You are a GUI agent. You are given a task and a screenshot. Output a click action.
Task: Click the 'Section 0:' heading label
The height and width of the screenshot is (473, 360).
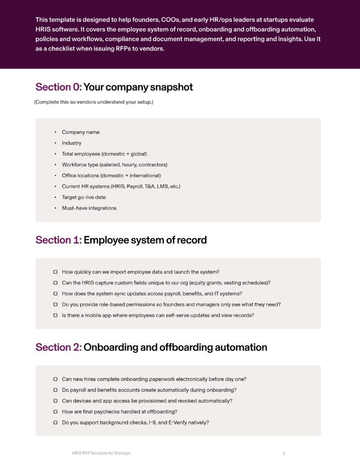59,87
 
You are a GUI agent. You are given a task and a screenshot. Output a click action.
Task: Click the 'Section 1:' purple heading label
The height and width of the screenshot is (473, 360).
59,240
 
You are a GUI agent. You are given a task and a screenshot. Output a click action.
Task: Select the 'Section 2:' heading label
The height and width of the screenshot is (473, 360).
59,347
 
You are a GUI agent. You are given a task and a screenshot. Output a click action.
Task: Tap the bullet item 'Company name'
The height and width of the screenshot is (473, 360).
81,132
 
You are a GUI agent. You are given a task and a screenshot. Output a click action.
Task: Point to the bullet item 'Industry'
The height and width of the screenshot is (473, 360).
72,143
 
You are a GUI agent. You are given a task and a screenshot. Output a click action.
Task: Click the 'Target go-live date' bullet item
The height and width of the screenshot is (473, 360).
84,197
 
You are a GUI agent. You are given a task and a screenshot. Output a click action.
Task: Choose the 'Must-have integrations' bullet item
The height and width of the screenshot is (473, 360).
89,208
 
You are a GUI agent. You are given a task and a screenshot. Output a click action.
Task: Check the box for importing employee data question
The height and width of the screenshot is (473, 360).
55,272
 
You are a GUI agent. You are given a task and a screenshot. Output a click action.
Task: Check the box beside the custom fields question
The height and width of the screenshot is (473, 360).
55,283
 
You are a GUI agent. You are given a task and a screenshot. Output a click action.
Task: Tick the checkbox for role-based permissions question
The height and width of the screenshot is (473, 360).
55,304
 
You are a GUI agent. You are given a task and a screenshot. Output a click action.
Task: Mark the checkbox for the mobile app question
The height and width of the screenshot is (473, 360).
55,315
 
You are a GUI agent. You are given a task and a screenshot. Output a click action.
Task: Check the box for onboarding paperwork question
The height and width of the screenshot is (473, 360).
55,379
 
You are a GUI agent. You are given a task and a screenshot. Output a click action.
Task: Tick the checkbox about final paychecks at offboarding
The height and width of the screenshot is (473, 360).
55,412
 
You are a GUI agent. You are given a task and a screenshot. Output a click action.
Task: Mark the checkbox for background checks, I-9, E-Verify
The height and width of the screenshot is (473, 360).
55,423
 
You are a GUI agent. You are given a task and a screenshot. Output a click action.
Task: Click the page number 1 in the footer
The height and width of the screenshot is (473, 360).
284,453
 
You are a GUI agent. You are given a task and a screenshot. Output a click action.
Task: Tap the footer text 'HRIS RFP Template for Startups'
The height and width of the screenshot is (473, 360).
101,453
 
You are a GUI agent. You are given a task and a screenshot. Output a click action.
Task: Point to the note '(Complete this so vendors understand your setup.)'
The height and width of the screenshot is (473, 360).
94,102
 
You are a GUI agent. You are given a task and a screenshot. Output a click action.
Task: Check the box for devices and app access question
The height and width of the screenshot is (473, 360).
55,401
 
